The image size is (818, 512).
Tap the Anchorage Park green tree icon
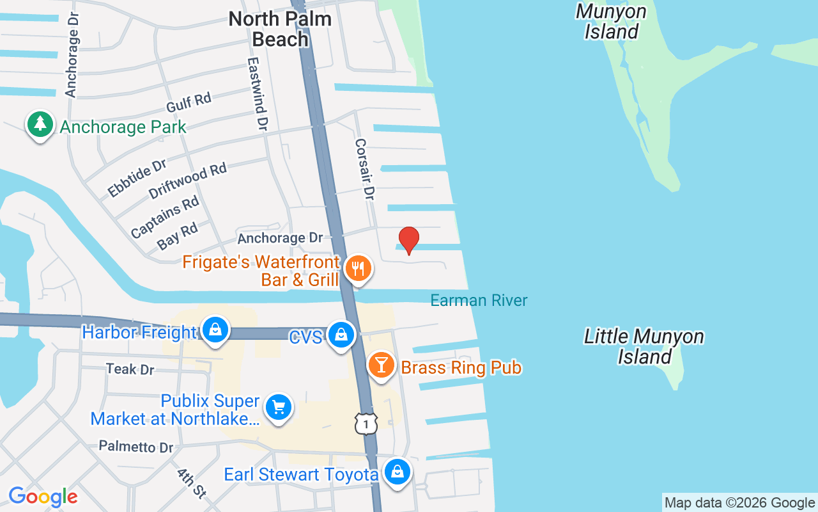[x=40, y=124]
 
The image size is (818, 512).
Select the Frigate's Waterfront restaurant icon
[x=359, y=268]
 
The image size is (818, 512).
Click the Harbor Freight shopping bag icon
[x=215, y=330]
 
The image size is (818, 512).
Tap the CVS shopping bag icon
[x=341, y=335]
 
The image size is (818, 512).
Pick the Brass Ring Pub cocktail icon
[x=382, y=365]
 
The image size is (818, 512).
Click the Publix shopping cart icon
[x=278, y=407]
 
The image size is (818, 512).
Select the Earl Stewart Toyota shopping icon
[x=397, y=472]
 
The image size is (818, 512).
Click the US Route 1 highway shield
[x=366, y=424]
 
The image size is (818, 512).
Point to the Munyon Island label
[x=611, y=21]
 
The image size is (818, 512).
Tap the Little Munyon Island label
[x=644, y=346]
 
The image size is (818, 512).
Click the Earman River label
[x=479, y=300]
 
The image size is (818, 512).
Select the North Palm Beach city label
[x=280, y=29]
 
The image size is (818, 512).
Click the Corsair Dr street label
[x=364, y=170]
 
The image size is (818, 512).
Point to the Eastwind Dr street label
[x=257, y=95]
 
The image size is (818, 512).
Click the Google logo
[x=43, y=497]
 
